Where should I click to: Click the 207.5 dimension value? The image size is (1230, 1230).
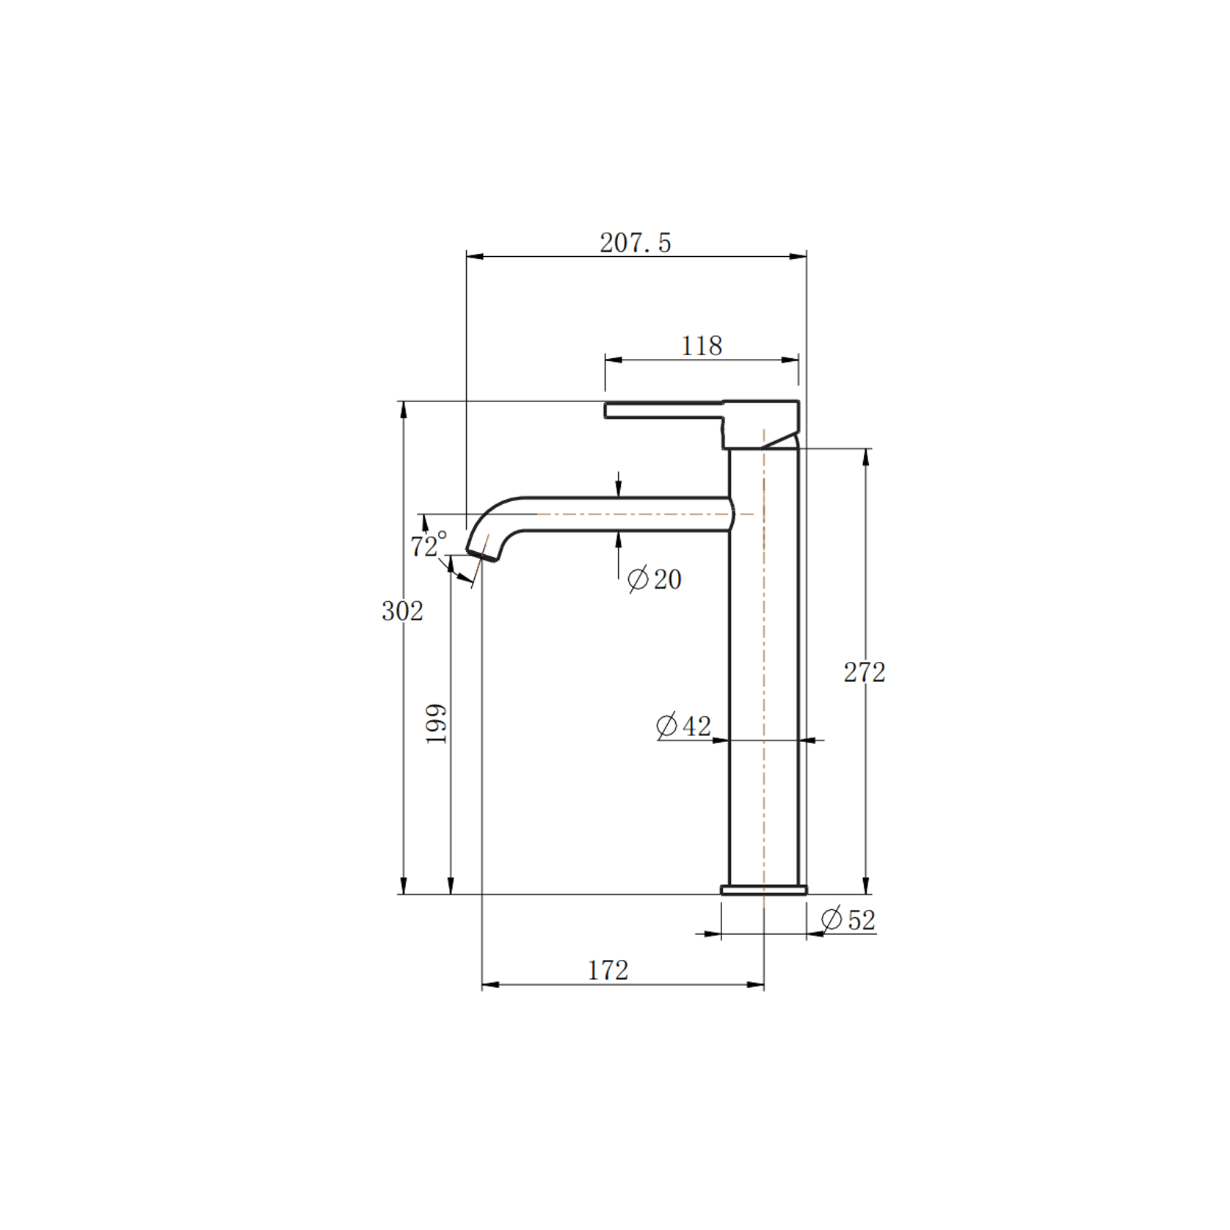pos(635,243)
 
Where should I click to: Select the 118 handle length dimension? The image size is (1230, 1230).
pos(701,346)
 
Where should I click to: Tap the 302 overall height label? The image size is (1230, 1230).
pos(402,611)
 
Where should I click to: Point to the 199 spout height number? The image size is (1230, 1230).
pos(437,724)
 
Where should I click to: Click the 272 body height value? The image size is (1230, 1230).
pos(864,672)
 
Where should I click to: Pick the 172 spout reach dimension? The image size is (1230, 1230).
pos(608,970)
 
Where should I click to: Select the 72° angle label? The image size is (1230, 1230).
pos(427,545)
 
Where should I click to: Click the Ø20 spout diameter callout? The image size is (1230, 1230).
pos(655,579)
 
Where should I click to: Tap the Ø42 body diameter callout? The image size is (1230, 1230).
pos(683,726)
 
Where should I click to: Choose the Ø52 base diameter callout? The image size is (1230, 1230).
pos(848,920)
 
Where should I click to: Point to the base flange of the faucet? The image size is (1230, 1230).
pos(763,890)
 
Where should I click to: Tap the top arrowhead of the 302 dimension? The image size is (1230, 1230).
pos(403,410)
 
